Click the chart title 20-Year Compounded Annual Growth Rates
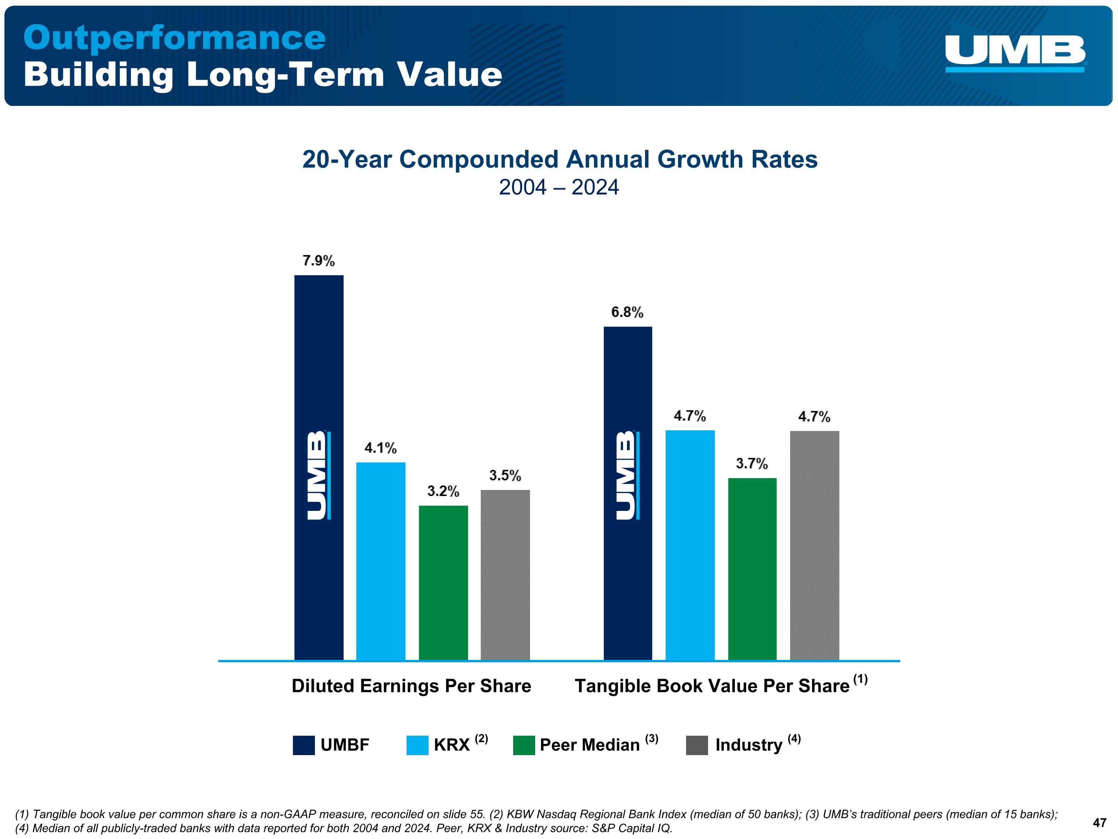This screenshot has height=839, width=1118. [x=559, y=159]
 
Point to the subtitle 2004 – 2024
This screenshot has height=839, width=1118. [x=559, y=187]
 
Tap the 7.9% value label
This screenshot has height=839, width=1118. [x=318, y=261]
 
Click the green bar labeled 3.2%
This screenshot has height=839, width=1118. [x=443, y=582]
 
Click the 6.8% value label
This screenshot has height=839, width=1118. [x=627, y=312]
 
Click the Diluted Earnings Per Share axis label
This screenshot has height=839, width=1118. [x=411, y=686]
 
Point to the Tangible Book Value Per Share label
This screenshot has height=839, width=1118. [x=712, y=686]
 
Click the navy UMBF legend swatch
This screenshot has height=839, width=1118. [x=304, y=745]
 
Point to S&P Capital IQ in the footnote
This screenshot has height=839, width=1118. [x=631, y=829]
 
